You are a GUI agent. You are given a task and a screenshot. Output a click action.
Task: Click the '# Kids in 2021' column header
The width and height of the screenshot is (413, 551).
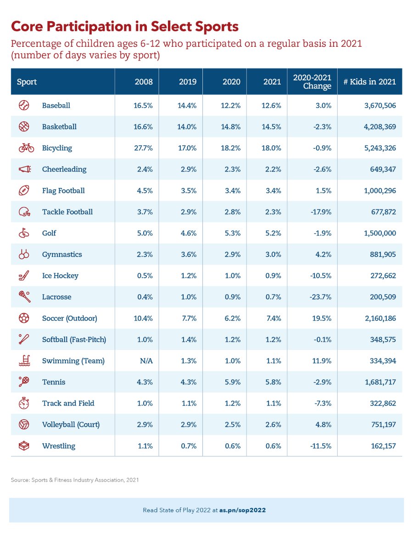tap(369, 82)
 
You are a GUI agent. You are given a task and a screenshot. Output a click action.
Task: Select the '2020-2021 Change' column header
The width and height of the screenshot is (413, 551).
tap(312, 82)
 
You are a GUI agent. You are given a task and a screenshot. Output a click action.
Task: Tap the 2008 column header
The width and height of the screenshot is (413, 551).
tap(144, 82)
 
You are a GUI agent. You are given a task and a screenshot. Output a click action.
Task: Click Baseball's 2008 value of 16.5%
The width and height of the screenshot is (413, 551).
tap(143, 106)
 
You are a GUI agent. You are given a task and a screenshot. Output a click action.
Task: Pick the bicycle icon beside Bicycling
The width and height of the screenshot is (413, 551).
tap(26, 148)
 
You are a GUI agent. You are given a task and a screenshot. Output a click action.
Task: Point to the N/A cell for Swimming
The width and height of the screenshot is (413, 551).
tap(146, 361)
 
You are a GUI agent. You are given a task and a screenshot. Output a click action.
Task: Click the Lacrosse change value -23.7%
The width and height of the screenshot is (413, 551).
tap(320, 297)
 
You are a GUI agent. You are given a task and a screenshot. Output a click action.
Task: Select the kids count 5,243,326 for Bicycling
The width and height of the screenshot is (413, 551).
tap(380, 148)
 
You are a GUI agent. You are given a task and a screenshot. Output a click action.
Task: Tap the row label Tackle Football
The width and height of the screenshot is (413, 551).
tap(67, 212)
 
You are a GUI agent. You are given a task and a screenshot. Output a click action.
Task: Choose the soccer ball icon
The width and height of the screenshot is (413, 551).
tap(24, 318)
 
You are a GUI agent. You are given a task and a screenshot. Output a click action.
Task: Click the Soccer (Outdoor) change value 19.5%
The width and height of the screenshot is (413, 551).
tap(322, 318)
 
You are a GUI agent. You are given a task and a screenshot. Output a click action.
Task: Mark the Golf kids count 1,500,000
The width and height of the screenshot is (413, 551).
tap(380, 233)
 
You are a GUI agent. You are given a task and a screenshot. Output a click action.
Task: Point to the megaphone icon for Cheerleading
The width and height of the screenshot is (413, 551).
tap(25, 169)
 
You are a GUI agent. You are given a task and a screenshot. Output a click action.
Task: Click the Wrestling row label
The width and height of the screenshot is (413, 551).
tap(59, 446)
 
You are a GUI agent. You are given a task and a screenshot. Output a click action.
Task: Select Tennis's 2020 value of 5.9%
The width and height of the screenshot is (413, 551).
tap(233, 382)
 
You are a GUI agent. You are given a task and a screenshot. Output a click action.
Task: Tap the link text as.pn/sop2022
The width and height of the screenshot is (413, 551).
tap(242, 510)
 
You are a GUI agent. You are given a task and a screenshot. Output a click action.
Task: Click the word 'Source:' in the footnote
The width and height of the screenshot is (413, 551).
tap(20, 480)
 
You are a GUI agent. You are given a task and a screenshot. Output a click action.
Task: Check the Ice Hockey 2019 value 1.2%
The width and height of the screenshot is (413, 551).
tap(189, 275)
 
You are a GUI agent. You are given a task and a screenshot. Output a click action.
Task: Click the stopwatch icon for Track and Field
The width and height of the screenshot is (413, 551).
tap(24, 403)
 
